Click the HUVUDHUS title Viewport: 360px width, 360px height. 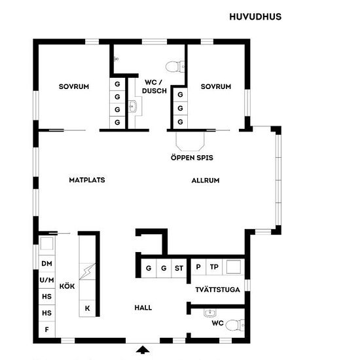(x=255, y=17)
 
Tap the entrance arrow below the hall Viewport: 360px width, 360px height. (x=143, y=350)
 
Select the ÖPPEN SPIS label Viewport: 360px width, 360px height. (x=192, y=158)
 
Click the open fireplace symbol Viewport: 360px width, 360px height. (x=190, y=141)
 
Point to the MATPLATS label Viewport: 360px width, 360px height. (x=87, y=180)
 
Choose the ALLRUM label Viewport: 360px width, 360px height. (x=206, y=180)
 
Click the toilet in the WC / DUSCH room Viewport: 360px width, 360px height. (x=175, y=67)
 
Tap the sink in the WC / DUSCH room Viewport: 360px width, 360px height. (x=132, y=107)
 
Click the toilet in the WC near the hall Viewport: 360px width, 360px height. (x=235, y=325)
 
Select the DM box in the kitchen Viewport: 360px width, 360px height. (x=47, y=263)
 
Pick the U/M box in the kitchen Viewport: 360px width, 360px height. (x=47, y=280)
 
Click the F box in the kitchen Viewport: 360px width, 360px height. (x=47, y=329)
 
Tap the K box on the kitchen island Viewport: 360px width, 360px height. (x=87, y=308)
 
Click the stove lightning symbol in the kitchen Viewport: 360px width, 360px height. (x=87, y=272)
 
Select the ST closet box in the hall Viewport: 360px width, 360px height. (x=179, y=268)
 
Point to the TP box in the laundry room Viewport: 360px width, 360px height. (x=214, y=267)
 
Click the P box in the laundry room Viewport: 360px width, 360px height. (x=198, y=267)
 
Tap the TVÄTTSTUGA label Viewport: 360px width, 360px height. (x=218, y=289)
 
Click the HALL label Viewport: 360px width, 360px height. (x=143, y=308)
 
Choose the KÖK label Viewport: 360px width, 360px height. (x=67, y=286)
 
